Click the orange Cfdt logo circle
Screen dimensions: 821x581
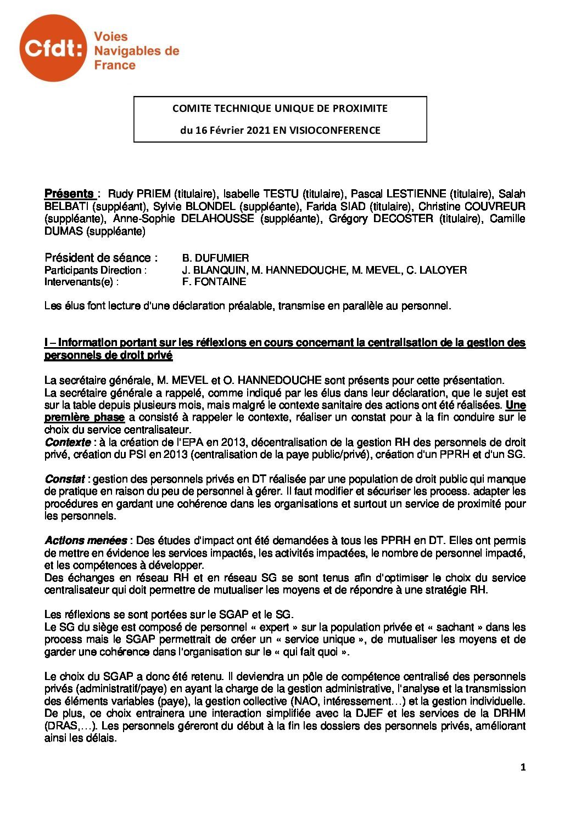[x=53, y=48]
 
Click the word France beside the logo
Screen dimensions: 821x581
[x=115, y=65]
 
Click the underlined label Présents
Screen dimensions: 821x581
[x=69, y=194]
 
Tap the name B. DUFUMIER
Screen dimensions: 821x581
[x=215, y=258]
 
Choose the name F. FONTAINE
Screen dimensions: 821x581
[x=214, y=282]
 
